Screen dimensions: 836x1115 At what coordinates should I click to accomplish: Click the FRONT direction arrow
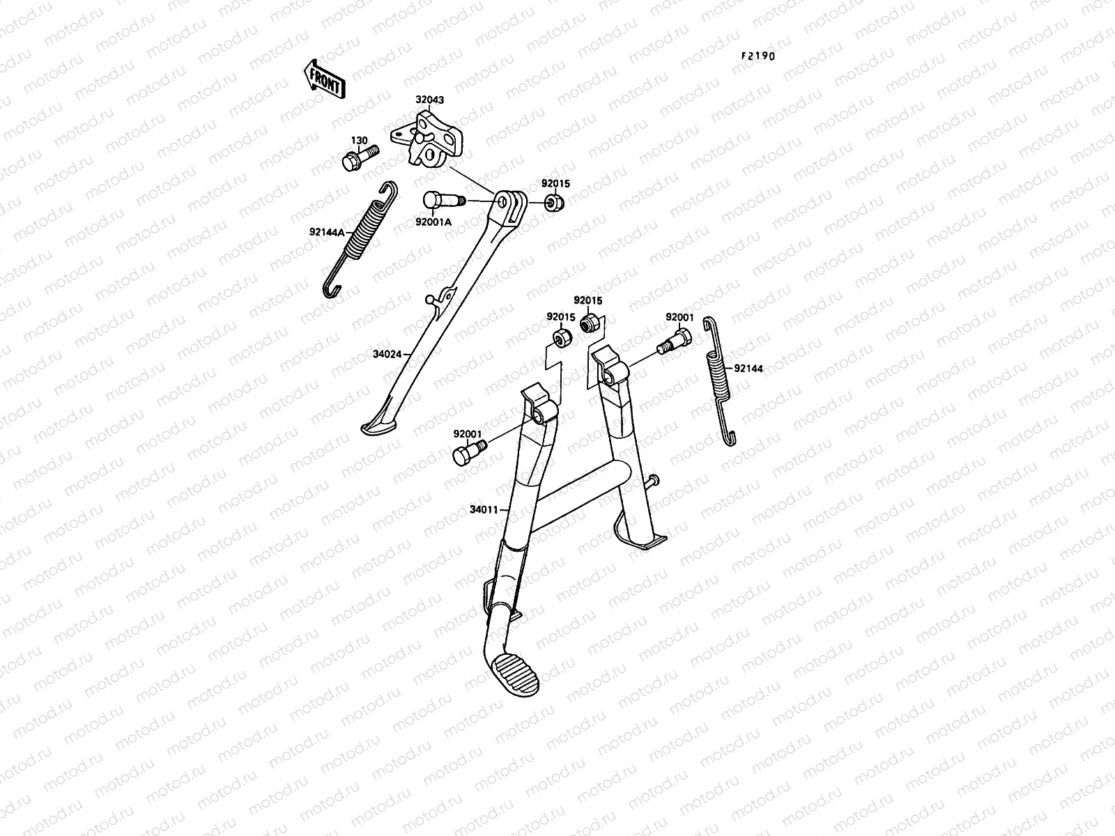tap(325, 78)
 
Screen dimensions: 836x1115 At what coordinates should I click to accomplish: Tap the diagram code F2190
tap(758, 56)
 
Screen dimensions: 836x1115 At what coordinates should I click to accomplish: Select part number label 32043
tap(430, 100)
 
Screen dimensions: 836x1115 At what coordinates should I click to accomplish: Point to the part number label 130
tap(358, 141)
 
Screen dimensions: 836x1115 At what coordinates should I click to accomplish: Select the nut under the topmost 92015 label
tap(554, 204)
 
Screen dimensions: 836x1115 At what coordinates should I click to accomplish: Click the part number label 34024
tap(387, 354)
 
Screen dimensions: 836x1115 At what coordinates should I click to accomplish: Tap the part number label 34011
tap(484, 509)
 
